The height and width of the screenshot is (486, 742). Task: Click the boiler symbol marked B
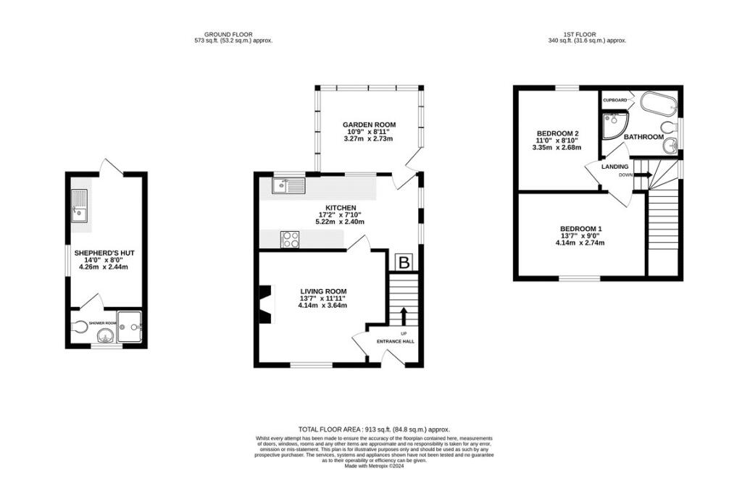pyautogui.click(x=404, y=263)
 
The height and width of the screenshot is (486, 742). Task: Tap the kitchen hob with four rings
pyautogui.click(x=290, y=240)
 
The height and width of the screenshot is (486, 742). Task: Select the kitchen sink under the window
pyautogui.click(x=288, y=185)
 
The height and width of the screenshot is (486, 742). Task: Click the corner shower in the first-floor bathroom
pyautogui.click(x=614, y=125)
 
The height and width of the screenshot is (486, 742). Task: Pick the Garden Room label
pyautogui.click(x=369, y=125)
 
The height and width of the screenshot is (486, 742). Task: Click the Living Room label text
pyautogui.click(x=323, y=291)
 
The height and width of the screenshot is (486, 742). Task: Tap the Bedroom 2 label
pyautogui.click(x=558, y=133)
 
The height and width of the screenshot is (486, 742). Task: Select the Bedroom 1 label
pyautogui.click(x=580, y=229)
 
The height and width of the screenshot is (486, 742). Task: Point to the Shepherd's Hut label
pyautogui.click(x=104, y=254)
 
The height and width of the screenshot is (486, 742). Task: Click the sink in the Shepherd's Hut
pyautogui.click(x=79, y=206)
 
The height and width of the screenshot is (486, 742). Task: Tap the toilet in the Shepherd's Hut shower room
pyautogui.click(x=80, y=327)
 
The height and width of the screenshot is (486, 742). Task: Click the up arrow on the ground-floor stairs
pyautogui.click(x=404, y=317)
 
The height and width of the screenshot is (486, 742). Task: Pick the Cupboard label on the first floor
pyautogui.click(x=615, y=101)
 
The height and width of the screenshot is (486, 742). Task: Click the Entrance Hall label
pyautogui.click(x=395, y=341)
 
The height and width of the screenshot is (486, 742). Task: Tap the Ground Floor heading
pyautogui.click(x=228, y=35)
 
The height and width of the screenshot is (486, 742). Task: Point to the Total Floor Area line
pyautogui.click(x=374, y=430)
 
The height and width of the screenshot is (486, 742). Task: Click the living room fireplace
pyautogui.click(x=266, y=305)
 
